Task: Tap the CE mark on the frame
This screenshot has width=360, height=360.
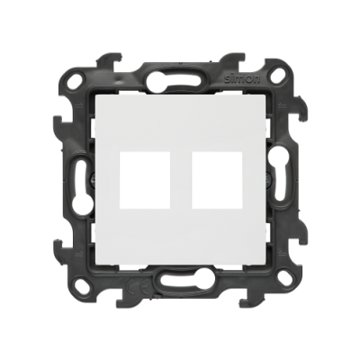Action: [x=136, y=283]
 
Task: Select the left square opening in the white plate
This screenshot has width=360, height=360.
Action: [x=145, y=180]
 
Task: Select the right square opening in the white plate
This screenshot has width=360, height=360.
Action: [x=217, y=180]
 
